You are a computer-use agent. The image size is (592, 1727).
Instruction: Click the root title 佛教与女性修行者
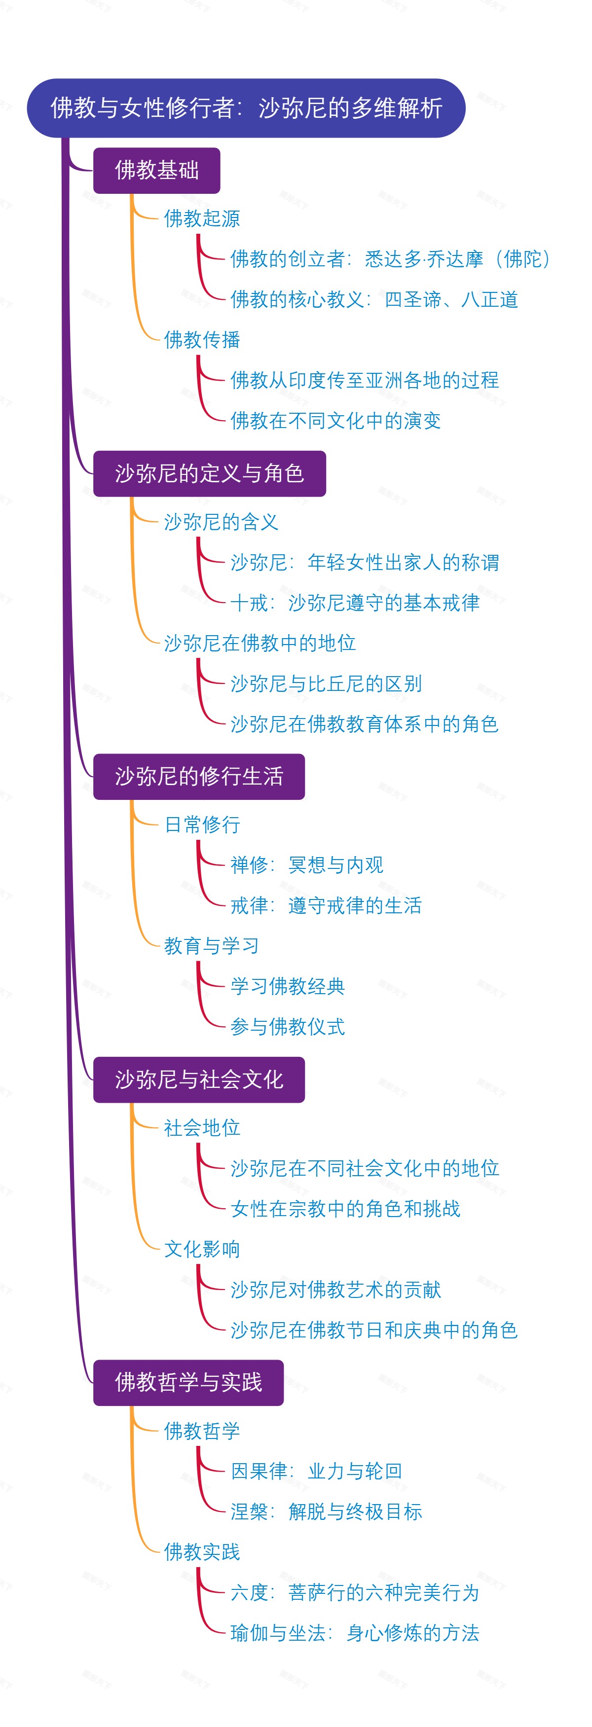pos(246,108)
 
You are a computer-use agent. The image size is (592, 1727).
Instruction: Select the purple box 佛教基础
pos(156,170)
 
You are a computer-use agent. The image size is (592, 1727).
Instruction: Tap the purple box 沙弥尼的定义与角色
pos(209,473)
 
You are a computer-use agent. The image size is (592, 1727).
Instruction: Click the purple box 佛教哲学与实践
pos(188,1382)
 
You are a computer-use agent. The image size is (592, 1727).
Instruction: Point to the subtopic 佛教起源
pos(202,218)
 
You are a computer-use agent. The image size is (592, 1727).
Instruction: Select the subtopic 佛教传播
pos(202,340)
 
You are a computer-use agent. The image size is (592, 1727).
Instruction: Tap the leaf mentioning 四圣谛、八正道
pos(374,300)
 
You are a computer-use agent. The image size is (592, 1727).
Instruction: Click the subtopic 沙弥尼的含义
pos(221,522)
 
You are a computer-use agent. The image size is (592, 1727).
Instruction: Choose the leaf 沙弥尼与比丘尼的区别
pos(326,684)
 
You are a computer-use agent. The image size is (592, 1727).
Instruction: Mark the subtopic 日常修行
pos(202,825)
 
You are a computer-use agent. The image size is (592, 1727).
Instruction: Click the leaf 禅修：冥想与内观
pos(306,865)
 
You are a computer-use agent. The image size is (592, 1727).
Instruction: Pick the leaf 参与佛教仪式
pos(288,1026)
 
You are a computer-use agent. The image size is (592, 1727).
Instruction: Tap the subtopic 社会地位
pos(202,1128)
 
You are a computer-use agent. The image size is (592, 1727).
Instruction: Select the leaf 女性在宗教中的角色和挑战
pos(345,1209)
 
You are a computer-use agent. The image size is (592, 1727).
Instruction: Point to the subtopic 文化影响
pos(202,1249)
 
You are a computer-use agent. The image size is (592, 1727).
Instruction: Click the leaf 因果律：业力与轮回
pos(316,1471)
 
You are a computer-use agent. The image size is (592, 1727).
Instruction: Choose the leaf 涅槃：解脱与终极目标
pos(326,1512)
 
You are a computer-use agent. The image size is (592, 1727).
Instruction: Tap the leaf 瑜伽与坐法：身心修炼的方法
pos(355,1632)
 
